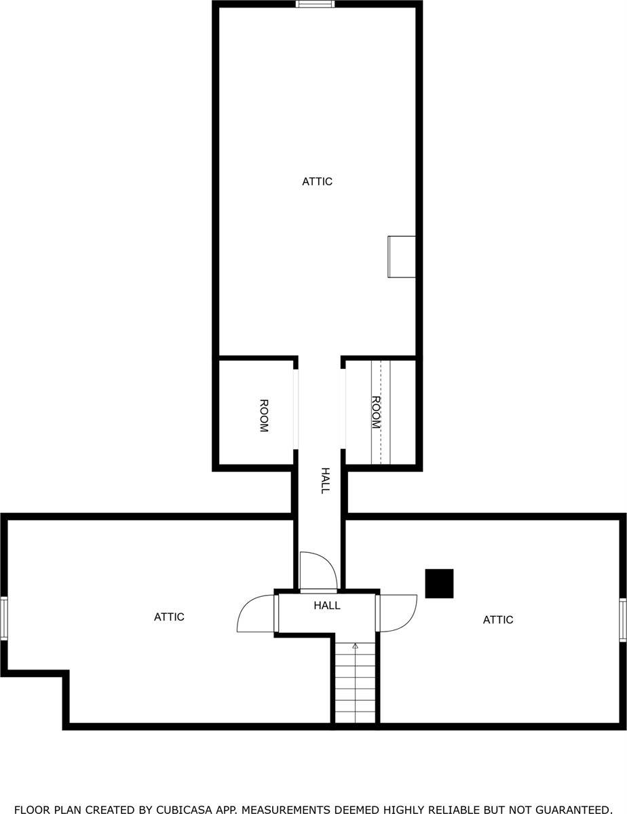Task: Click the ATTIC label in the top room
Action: click(318, 182)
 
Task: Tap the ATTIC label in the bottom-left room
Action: click(169, 617)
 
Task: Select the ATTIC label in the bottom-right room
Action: click(498, 620)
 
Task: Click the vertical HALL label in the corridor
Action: click(326, 481)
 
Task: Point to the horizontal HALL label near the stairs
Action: click(327, 605)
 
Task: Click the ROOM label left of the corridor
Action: click(264, 416)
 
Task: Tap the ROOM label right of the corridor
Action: click(376, 412)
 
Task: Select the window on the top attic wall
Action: click(315, 4)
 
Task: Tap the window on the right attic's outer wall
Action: click(622, 620)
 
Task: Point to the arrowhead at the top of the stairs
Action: click(355, 646)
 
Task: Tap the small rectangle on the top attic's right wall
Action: click(402, 256)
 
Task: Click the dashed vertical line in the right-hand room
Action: click(381, 412)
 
